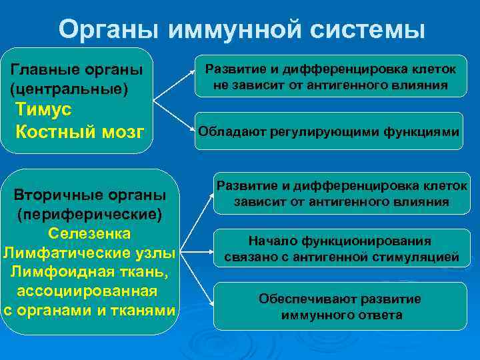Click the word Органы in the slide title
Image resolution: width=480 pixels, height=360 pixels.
[x=108, y=29]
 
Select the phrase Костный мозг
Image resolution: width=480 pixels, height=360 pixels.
[x=79, y=131]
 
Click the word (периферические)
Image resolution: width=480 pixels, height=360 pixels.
[x=89, y=215]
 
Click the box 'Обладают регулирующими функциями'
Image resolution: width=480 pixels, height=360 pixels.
[x=329, y=131]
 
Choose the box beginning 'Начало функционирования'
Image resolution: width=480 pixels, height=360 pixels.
[x=339, y=249]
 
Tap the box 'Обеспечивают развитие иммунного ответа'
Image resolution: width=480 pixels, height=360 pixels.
[x=339, y=307]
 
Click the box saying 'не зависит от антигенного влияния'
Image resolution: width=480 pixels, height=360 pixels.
[x=331, y=77]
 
